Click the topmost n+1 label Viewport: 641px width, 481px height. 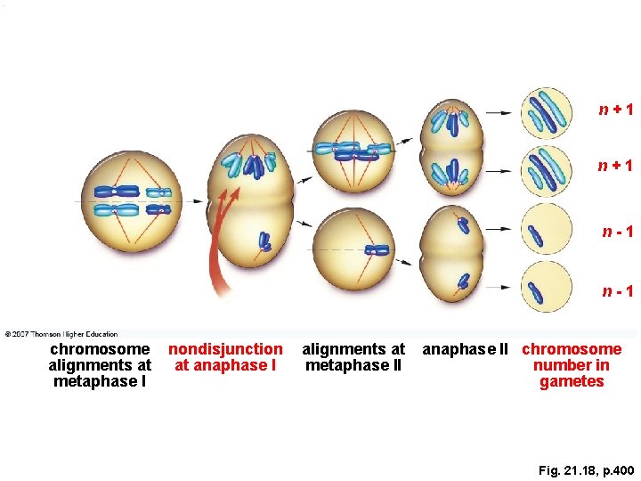click(x=615, y=110)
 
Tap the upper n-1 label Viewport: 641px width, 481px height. click(x=616, y=232)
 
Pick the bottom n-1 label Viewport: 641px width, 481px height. click(x=616, y=290)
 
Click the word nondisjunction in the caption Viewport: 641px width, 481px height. click(x=225, y=349)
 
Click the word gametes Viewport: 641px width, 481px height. click(x=572, y=382)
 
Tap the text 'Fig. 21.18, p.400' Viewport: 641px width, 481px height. click(x=586, y=469)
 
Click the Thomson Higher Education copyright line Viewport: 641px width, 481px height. click(x=61, y=334)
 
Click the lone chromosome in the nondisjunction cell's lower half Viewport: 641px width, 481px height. click(x=265, y=240)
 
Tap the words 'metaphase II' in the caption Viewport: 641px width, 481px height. click(x=353, y=365)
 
